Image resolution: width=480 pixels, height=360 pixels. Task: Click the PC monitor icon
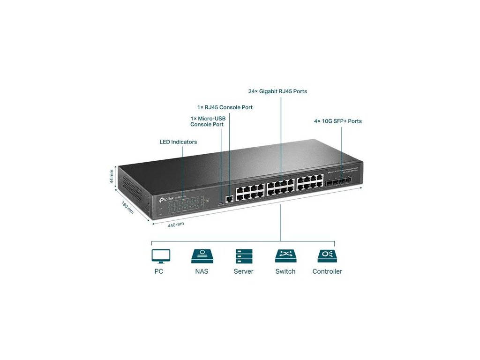tap(161, 256)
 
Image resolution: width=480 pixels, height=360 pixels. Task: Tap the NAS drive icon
tap(202, 256)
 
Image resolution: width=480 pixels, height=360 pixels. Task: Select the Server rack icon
tap(243, 256)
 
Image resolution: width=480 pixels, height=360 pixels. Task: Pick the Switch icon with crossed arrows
tap(285, 256)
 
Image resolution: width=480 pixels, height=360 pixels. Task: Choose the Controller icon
tap(327, 256)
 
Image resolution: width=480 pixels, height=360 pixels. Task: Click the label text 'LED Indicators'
tap(178, 142)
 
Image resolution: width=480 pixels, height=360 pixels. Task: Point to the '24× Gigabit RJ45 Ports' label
tap(277, 91)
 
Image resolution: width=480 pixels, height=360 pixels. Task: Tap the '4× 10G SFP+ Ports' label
tap(337, 121)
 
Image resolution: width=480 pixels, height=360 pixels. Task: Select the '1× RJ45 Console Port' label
tap(225, 107)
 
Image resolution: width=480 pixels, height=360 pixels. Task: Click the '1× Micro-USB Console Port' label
tap(208, 121)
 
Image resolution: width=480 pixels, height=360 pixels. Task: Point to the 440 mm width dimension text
tap(176, 225)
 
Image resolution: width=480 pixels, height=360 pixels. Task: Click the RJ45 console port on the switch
tap(229, 199)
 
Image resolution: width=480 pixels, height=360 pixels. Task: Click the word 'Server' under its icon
tap(243, 271)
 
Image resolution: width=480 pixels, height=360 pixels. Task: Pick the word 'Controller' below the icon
tap(327, 271)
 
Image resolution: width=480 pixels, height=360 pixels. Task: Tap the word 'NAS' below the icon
tap(202, 271)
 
